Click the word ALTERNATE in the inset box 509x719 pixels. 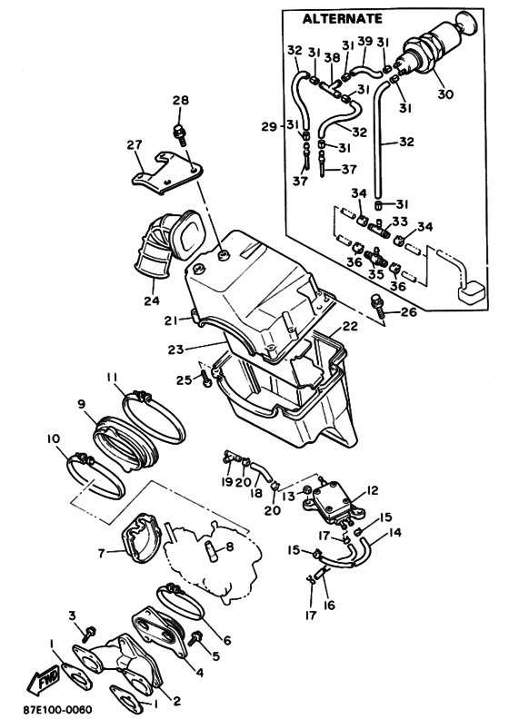pyautogui.click(x=342, y=19)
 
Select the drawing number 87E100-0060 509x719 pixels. pyautogui.click(x=57, y=709)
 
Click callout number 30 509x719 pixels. pyautogui.click(x=444, y=94)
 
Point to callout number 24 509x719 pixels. pyautogui.click(x=152, y=300)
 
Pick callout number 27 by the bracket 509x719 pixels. pyautogui.click(x=135, y=145)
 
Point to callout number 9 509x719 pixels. pyautogui.click(x=81, y=405)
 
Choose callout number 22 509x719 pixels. pyautogui.click(x=350, y=327)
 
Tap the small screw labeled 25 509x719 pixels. pyautogui.click(x=205, y=379)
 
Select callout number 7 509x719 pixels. pyautogui.click(x=102, y=554)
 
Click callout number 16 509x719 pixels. pyautogui.click(x=329, y=605)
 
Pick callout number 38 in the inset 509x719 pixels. pyautogui.click(x=332, y=58)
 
